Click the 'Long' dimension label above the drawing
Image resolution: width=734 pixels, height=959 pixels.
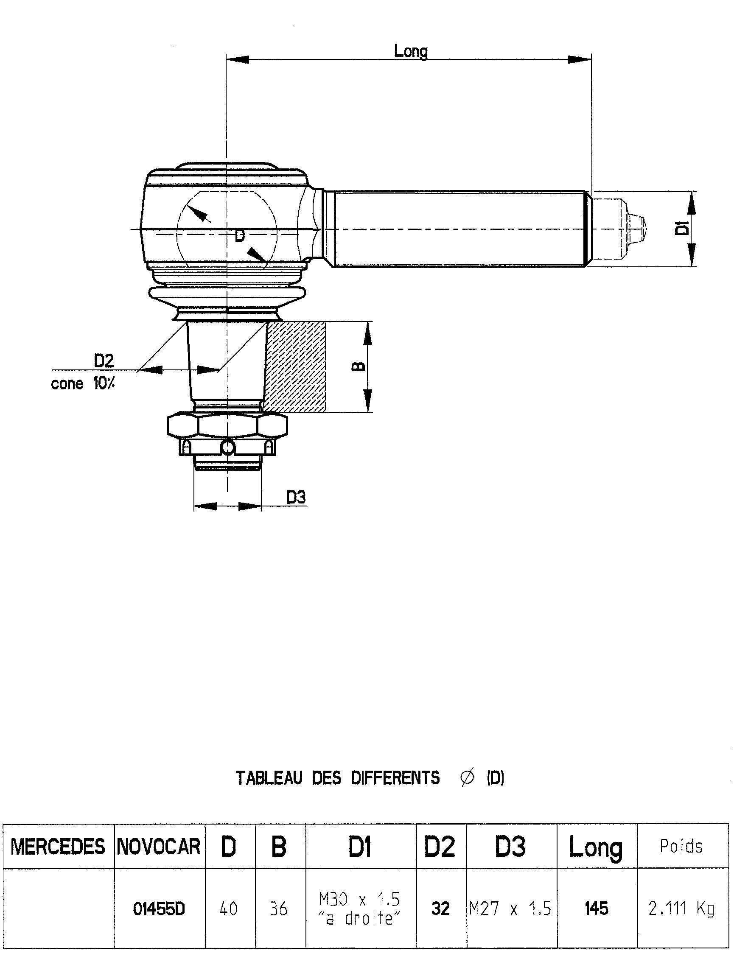point(410,51)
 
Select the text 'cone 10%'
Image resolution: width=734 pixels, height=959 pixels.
point(83,384)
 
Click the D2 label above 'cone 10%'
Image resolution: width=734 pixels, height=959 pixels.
point(104,361)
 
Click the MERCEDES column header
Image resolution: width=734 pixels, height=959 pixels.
point(58,847)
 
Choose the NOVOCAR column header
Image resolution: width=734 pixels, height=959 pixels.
point(159,847)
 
